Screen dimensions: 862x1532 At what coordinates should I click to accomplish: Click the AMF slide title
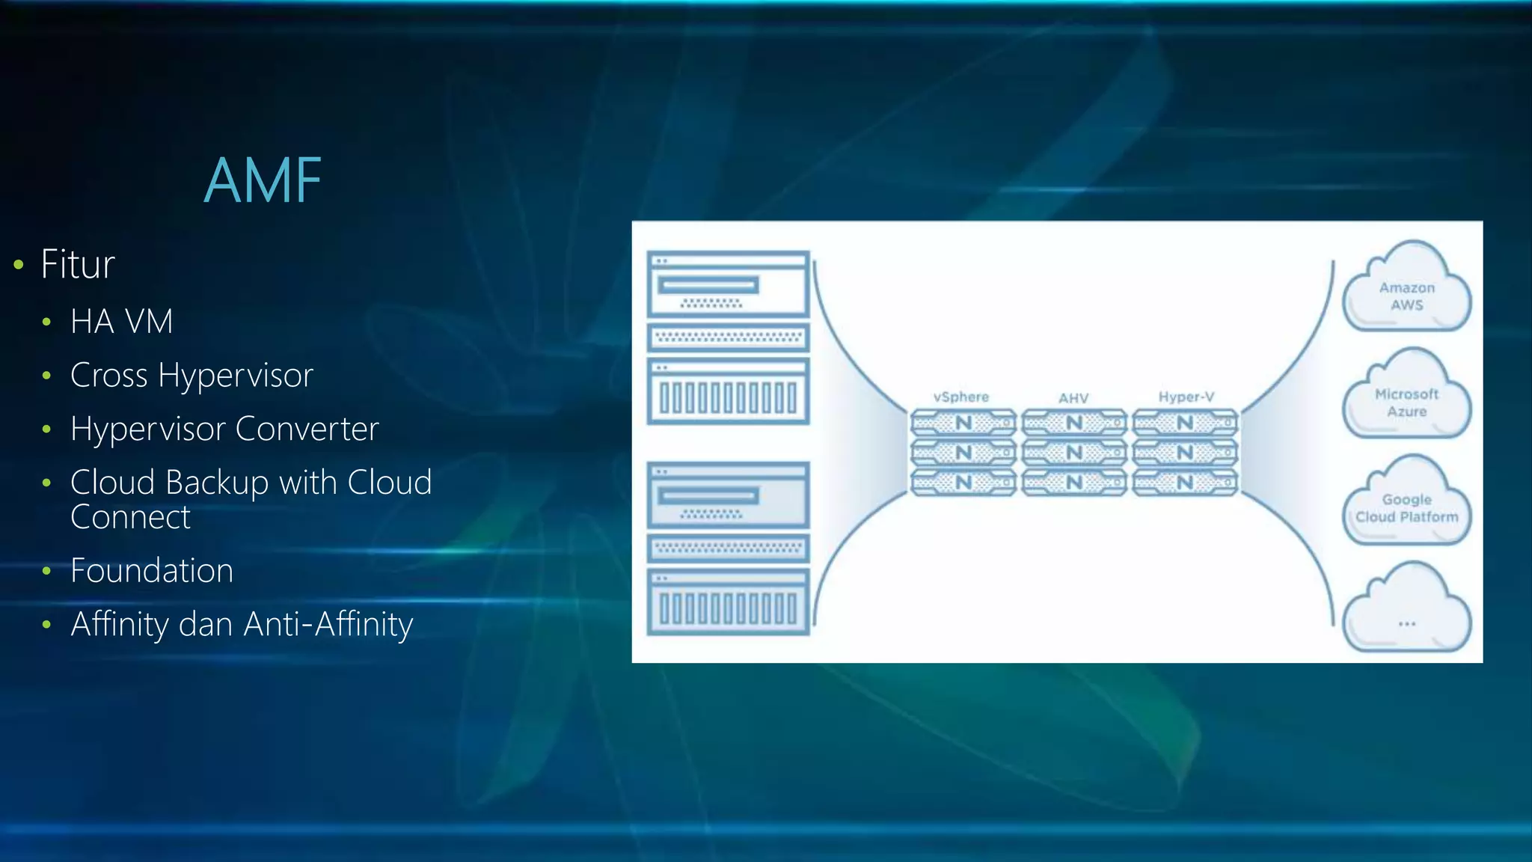[263, 180]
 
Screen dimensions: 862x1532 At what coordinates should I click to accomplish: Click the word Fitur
[78, 264]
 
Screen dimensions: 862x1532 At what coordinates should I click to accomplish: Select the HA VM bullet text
[121, 322]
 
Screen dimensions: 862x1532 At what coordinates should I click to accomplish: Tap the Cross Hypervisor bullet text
[191, 375]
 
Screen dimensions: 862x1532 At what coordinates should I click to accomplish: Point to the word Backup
[217, 483]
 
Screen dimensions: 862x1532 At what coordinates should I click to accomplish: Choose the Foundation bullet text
[152, 571]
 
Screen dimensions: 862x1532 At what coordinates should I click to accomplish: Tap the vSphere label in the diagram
[960, 397]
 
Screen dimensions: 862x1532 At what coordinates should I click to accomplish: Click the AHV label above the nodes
[1073, 398]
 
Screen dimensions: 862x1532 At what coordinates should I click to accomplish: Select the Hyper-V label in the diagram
[1186, 397]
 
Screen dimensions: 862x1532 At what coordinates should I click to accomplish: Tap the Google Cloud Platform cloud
[1406, 504]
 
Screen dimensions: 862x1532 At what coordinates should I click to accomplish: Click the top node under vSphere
[963, 423]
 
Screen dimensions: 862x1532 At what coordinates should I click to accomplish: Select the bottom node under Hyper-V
[1185, 483]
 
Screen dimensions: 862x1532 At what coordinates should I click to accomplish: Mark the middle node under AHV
[1074, 453]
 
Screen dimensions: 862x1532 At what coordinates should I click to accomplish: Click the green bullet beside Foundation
[47, 572]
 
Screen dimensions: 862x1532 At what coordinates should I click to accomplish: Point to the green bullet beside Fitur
[19, 265]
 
